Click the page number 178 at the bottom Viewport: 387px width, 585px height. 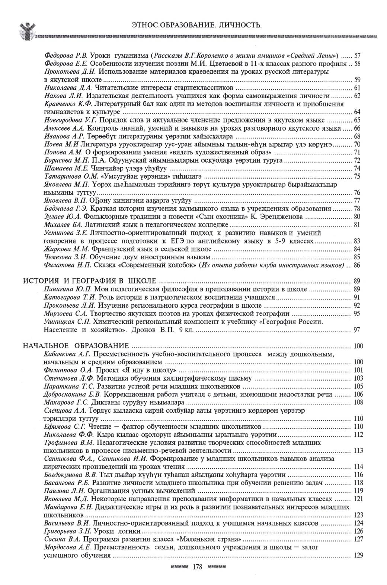[x=197, y=567]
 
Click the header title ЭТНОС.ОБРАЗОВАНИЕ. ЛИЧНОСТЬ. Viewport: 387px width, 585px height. [x=197, y=25]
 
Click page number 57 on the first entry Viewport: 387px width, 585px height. [x=357, y=55]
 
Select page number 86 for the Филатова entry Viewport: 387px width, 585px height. [x=357, y=265]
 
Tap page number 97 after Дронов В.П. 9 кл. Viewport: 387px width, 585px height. [x=356, y=330]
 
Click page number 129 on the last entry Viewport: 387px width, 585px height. [x=358, y=555]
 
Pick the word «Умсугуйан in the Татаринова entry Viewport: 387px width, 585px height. [x=108, y=176]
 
